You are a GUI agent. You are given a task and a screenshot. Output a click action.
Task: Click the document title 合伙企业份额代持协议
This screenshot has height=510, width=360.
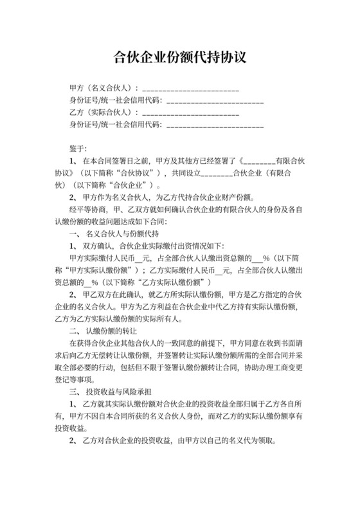click(x=179, y=57)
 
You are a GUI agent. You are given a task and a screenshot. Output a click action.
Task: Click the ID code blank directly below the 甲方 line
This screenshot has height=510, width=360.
click(x=215, y=101)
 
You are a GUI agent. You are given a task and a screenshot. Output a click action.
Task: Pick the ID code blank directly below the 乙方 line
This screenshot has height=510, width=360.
click(x=215, y=126)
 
